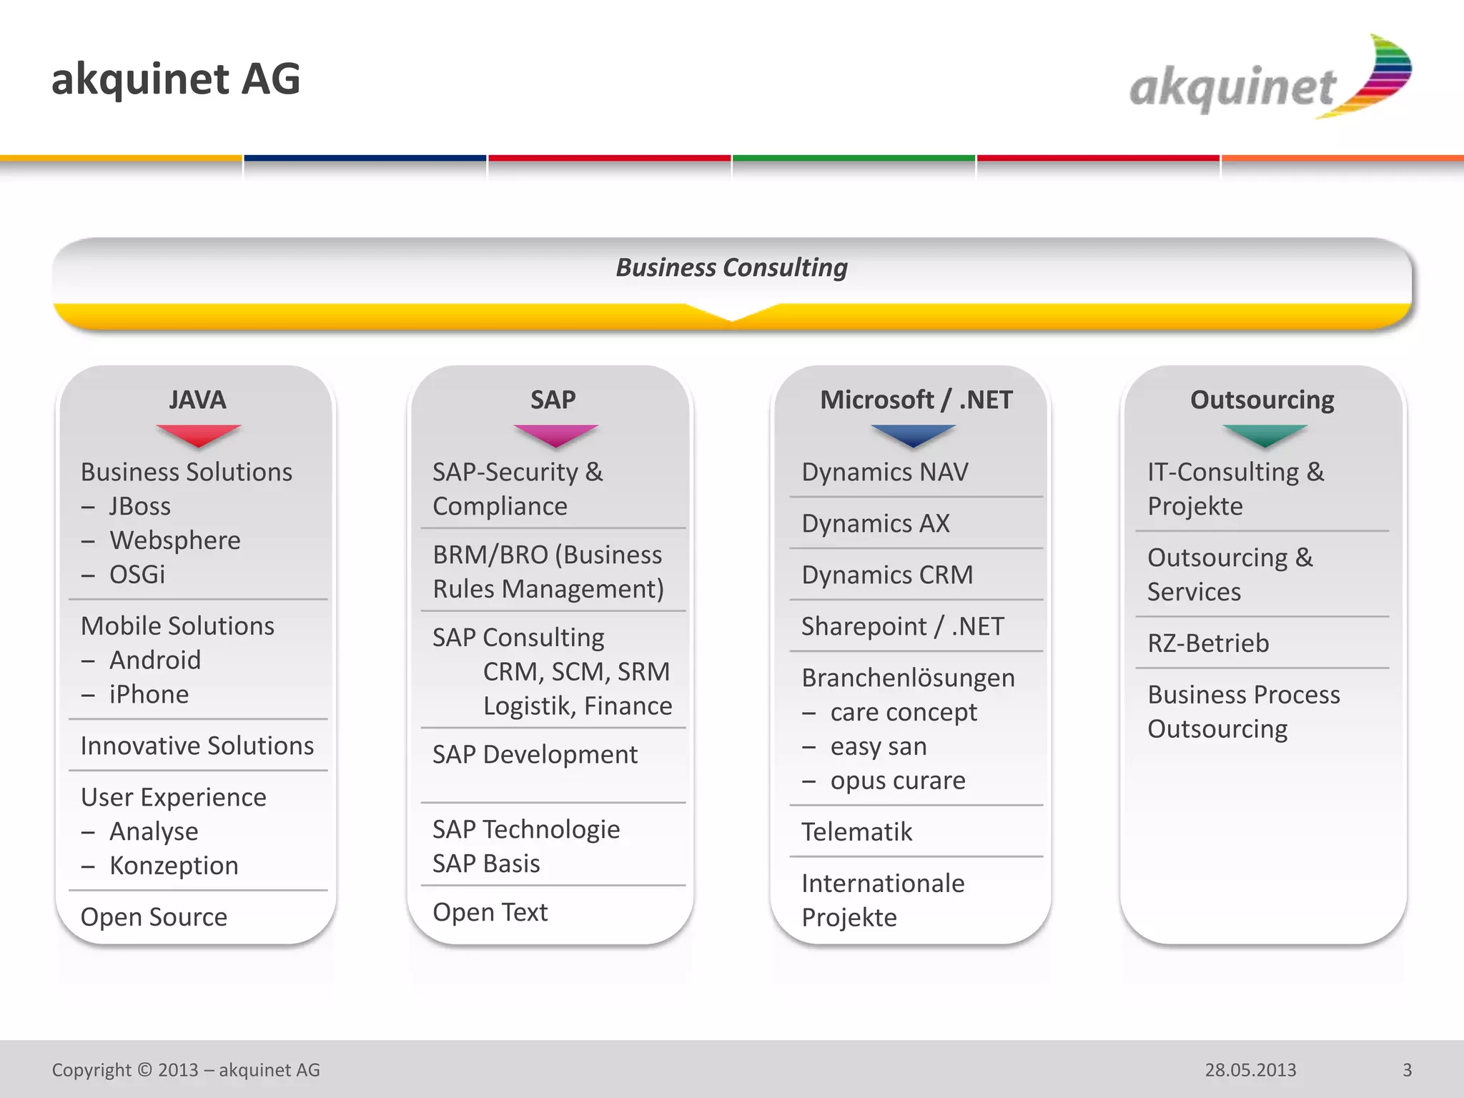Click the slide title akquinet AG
click(176, 79)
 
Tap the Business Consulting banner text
click(731, 267)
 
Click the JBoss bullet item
click(139, 506)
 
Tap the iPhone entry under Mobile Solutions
click(149, 694)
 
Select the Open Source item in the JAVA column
click(154, 917)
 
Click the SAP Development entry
click(535, 755)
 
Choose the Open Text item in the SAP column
click(490, 912)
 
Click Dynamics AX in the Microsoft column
click(876, 523)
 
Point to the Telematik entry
click(856, 832)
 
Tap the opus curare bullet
click(897, 781)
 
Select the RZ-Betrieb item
click(1208, 643)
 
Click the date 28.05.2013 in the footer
click(1250, 1070)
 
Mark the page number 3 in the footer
click(1407, 1070)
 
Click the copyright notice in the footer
click(186, 1070)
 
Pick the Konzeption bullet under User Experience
click(174, 866)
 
